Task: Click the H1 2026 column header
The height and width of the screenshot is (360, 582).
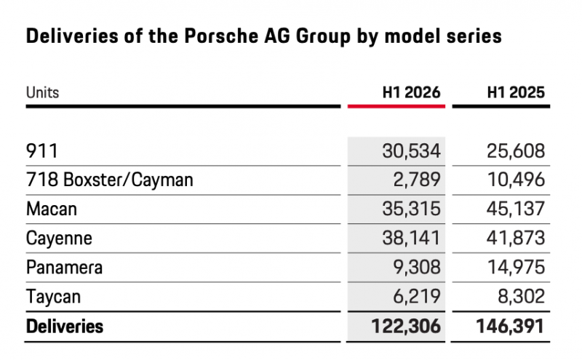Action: pos(411,92)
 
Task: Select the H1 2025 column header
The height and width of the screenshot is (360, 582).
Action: pos(516,92)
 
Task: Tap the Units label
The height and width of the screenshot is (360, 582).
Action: pos(42,92)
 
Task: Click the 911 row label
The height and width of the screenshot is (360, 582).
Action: pos(42,151)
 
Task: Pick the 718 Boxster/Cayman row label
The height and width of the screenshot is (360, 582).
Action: pos(110,180)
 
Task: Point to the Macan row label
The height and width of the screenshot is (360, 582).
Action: pos(52,209)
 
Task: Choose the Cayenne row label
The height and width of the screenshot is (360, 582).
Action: pos(59,239)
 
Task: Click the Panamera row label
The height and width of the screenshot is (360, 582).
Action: pos(64,267)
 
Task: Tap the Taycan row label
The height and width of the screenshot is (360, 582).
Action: pos(53,297)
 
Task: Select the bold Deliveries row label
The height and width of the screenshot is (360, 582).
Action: pos(65,327)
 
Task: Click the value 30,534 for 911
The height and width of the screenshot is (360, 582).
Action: pos(411,151)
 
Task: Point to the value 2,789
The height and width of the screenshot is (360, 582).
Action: pos(417,180)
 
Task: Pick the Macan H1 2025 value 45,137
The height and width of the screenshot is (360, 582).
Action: pos(516,209)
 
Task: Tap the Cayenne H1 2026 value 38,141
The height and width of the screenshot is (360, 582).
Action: pos(411,238)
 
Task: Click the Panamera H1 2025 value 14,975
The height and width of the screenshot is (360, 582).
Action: pos(516,267)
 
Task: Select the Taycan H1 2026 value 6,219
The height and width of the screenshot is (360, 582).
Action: pos(417,296)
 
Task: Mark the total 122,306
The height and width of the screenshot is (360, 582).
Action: pos(406,327)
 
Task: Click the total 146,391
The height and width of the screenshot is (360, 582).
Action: pos(511,327)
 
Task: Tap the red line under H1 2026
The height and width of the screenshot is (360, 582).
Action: pos(396,106)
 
